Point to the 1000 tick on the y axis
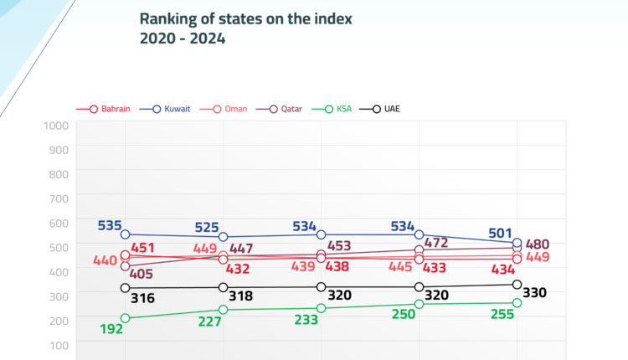54,126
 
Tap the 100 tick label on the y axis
58,344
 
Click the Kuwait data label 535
110,225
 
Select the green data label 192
111,329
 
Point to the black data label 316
143,298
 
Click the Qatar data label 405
142,273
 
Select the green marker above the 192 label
126,318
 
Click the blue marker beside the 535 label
126,234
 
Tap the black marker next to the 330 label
517,285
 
